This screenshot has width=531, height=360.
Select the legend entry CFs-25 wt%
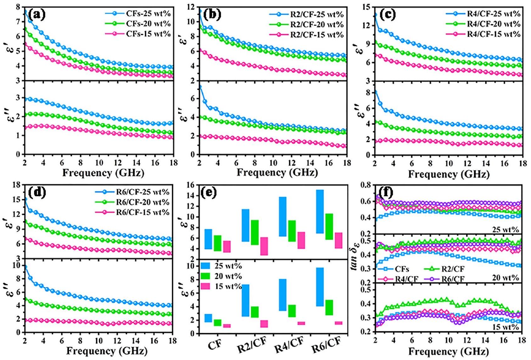click(x=148, y=14)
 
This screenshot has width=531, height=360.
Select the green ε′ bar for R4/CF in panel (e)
click(x=292, y=231)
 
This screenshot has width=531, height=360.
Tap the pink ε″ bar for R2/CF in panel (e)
click(x=264, y=324)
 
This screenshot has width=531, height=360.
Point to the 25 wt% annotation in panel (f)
click(x=506, y=230)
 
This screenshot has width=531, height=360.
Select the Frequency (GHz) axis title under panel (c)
click(x=449, y=174)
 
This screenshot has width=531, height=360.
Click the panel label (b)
click(x=212, y=14)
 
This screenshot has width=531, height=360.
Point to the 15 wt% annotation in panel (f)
click(x=506, y=327)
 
